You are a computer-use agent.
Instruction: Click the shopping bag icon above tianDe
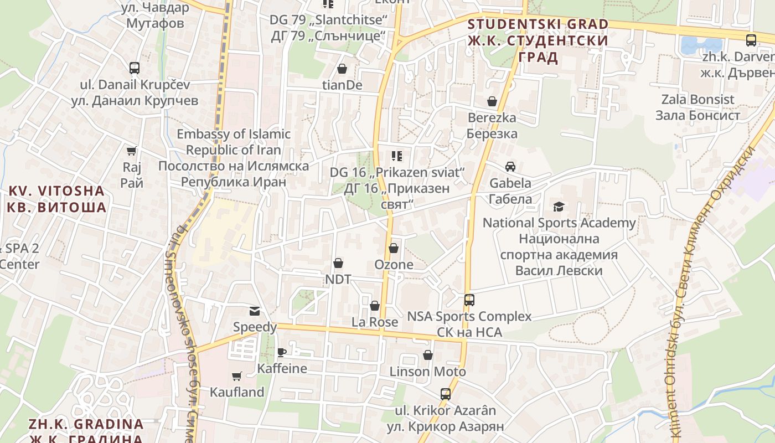click(x=342, y=69)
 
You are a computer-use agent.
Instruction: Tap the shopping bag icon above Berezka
click(x=492, y=101)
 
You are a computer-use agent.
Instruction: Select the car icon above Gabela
click(x=510, y=166)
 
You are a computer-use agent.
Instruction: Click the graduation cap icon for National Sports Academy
click(x=559, y=207)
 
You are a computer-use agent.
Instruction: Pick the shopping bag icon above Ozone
click(x=394, y=248)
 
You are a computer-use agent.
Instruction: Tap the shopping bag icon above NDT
click(x=338, y=263)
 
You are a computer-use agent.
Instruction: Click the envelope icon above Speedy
click(x=255, y=311)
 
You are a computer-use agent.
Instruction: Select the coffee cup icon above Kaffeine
click(x=282, y=352)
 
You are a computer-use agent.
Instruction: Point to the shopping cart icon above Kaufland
click(x=237, y=376)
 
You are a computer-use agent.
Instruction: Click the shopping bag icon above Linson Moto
click(x=428, y=355)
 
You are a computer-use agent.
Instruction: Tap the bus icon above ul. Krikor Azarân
click(x=446, y=394)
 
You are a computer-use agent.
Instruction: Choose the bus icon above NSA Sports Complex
click(x=469, y=300)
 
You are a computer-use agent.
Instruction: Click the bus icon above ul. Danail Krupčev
click(x=135, y=68)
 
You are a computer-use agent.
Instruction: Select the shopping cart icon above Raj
click(x=132, y=151)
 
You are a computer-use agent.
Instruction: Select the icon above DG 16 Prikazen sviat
click(x=396, y=156)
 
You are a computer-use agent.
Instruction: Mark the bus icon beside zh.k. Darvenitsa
click(x=751, y=40)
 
